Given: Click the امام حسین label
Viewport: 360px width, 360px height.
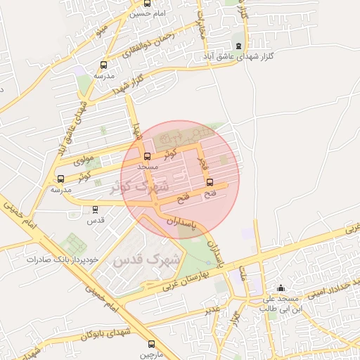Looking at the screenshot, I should [x=150, y=13].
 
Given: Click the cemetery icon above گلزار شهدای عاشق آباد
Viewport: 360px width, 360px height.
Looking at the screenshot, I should [x=238, y=46].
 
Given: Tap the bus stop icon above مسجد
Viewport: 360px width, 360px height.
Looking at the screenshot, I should [x=147, y=157].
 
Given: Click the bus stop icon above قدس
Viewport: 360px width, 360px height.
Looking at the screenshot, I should [x=96, y=210].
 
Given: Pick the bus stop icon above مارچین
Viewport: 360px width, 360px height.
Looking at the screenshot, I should [x=152, y=344].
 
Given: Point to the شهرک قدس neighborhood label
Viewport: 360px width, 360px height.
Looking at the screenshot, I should [x=150, y=260].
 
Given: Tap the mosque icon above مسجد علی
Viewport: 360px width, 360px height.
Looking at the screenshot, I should [x=281, y=288].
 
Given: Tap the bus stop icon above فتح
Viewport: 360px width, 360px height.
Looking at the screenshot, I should [x=210, y=182].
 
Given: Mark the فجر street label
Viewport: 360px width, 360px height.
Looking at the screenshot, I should [x=205, y=164].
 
